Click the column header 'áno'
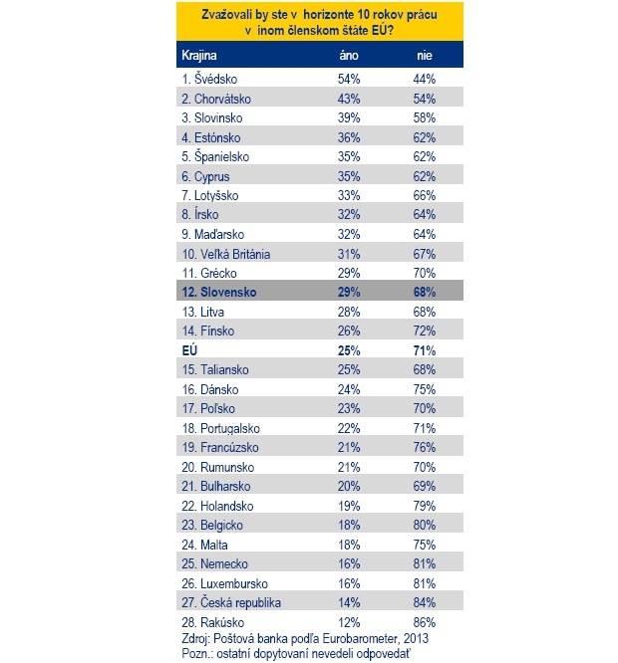click(348, 56)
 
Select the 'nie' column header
click(424, 56)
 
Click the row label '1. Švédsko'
click(209, 78)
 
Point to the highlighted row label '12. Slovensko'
click(219, 293)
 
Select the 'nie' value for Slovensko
click(425, 293)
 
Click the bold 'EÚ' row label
click(189, 350)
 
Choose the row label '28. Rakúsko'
click(212, 621)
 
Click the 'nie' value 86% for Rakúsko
click(425, 621)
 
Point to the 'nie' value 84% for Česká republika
click(425, 602)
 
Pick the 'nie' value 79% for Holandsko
click(425, 506)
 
